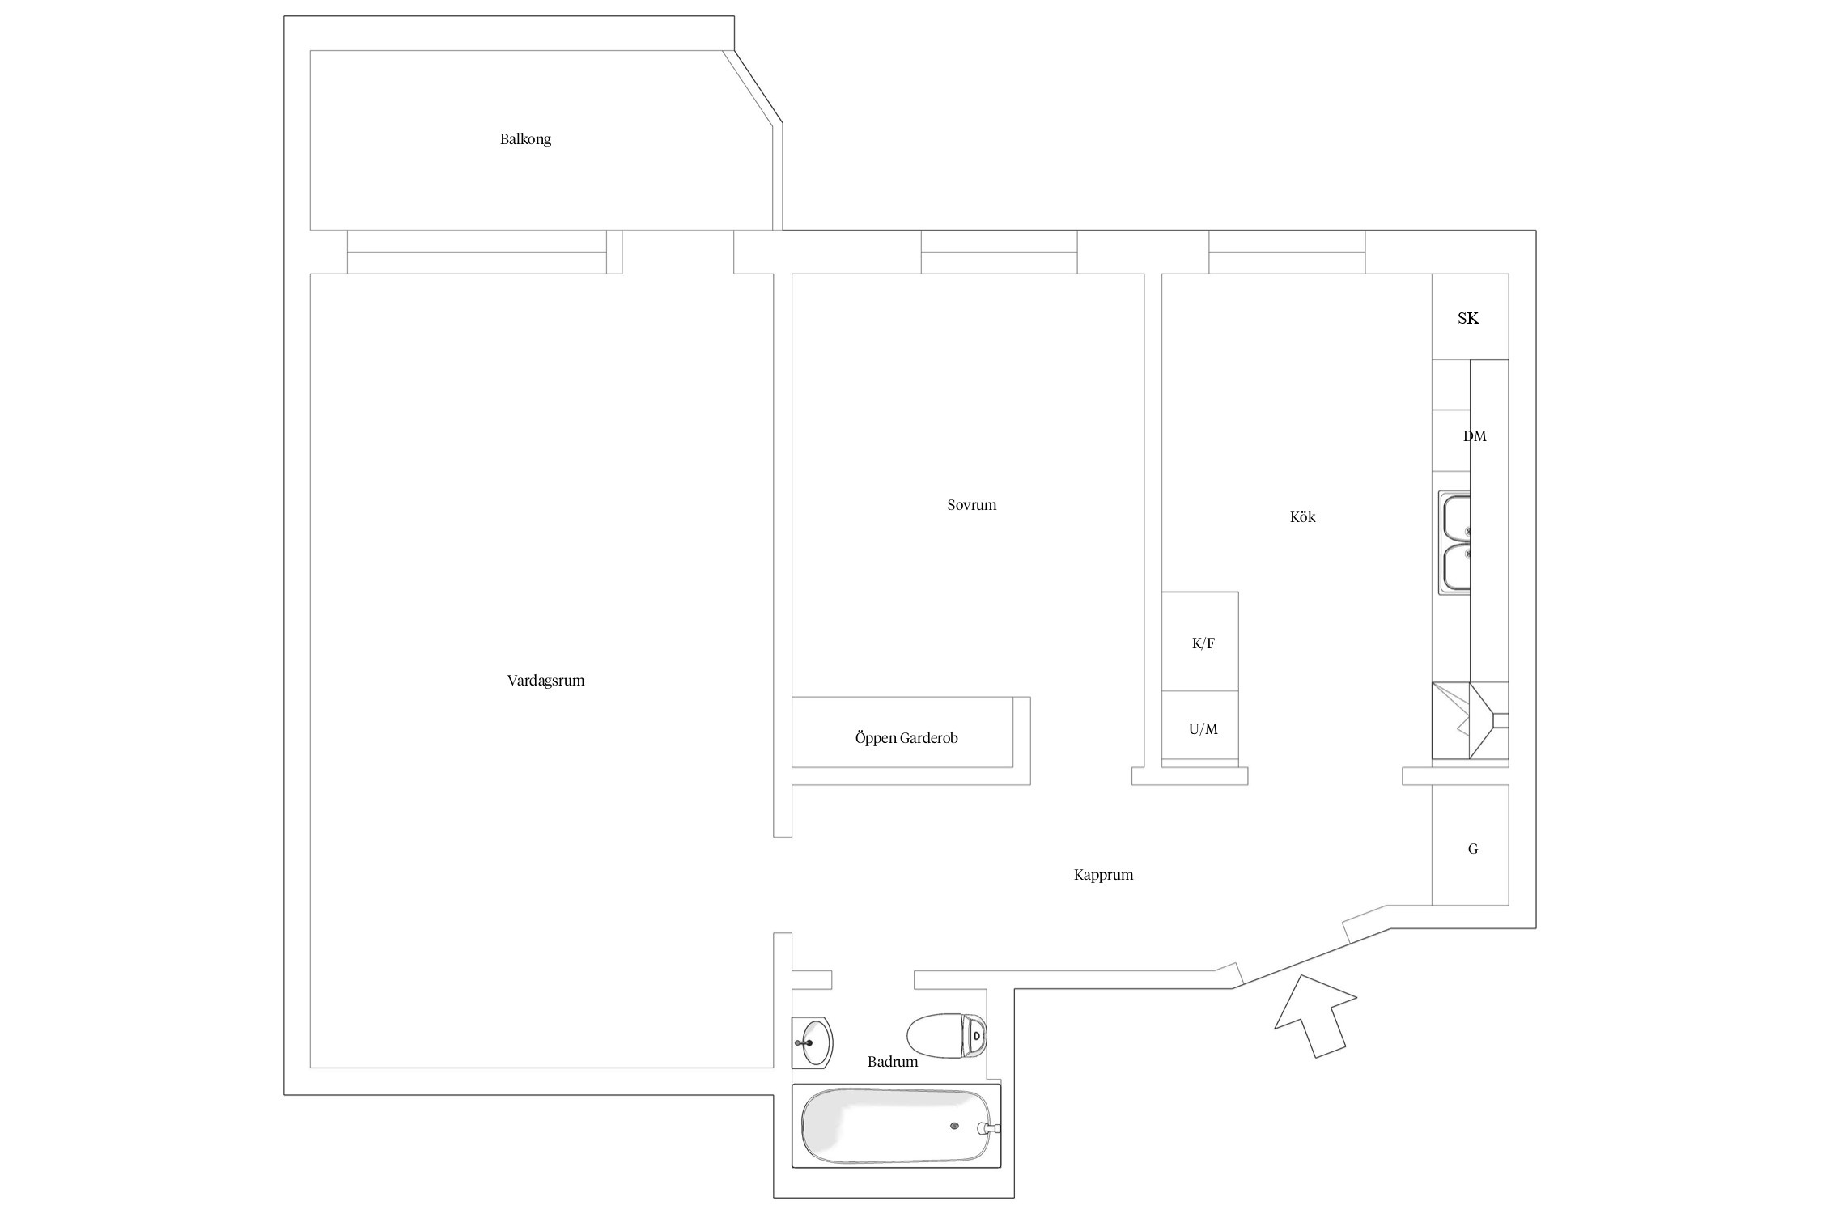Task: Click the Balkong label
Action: coord(525,139)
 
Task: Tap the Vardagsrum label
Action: coord(545,681)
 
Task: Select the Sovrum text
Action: coord(971,505)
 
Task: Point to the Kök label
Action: coord(1302,516)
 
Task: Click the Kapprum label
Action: coord(1103,875)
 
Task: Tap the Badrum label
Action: coord(893,1062)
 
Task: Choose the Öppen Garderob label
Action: coord(906,738)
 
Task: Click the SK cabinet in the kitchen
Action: coord(1470,316)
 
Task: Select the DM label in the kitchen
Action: coord(1475,436)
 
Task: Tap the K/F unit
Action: coord(1200,641)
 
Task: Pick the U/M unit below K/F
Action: coord(1200,726)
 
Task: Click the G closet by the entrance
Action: coord(1470,845)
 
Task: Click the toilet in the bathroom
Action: coord(947,1036)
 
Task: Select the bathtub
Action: coord(896,1126)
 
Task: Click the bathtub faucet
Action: coord(989,1128)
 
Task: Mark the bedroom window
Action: coord(999,252)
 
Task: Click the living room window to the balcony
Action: coord(477,252)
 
